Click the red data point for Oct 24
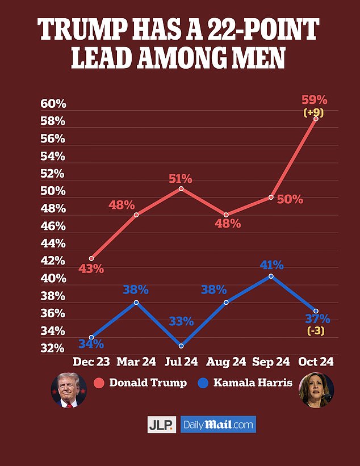tap(316, 119)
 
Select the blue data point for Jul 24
tap(181, 346)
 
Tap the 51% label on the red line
tap(180, 179)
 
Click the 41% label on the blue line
tap(271, 265)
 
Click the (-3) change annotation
tap(316, 331)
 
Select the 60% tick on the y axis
tap(53, 104)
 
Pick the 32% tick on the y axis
tap(53, 349)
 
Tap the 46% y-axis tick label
tap(53, 226)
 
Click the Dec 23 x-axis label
tap(91, 362)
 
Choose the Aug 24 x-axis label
tap(226, 362)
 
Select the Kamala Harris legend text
tap(253, 383)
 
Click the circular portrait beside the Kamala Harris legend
tap(316, 390)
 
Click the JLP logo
tap(161, 425)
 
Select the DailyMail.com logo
tap(218, 425)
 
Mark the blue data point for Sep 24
tap(271, 276)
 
